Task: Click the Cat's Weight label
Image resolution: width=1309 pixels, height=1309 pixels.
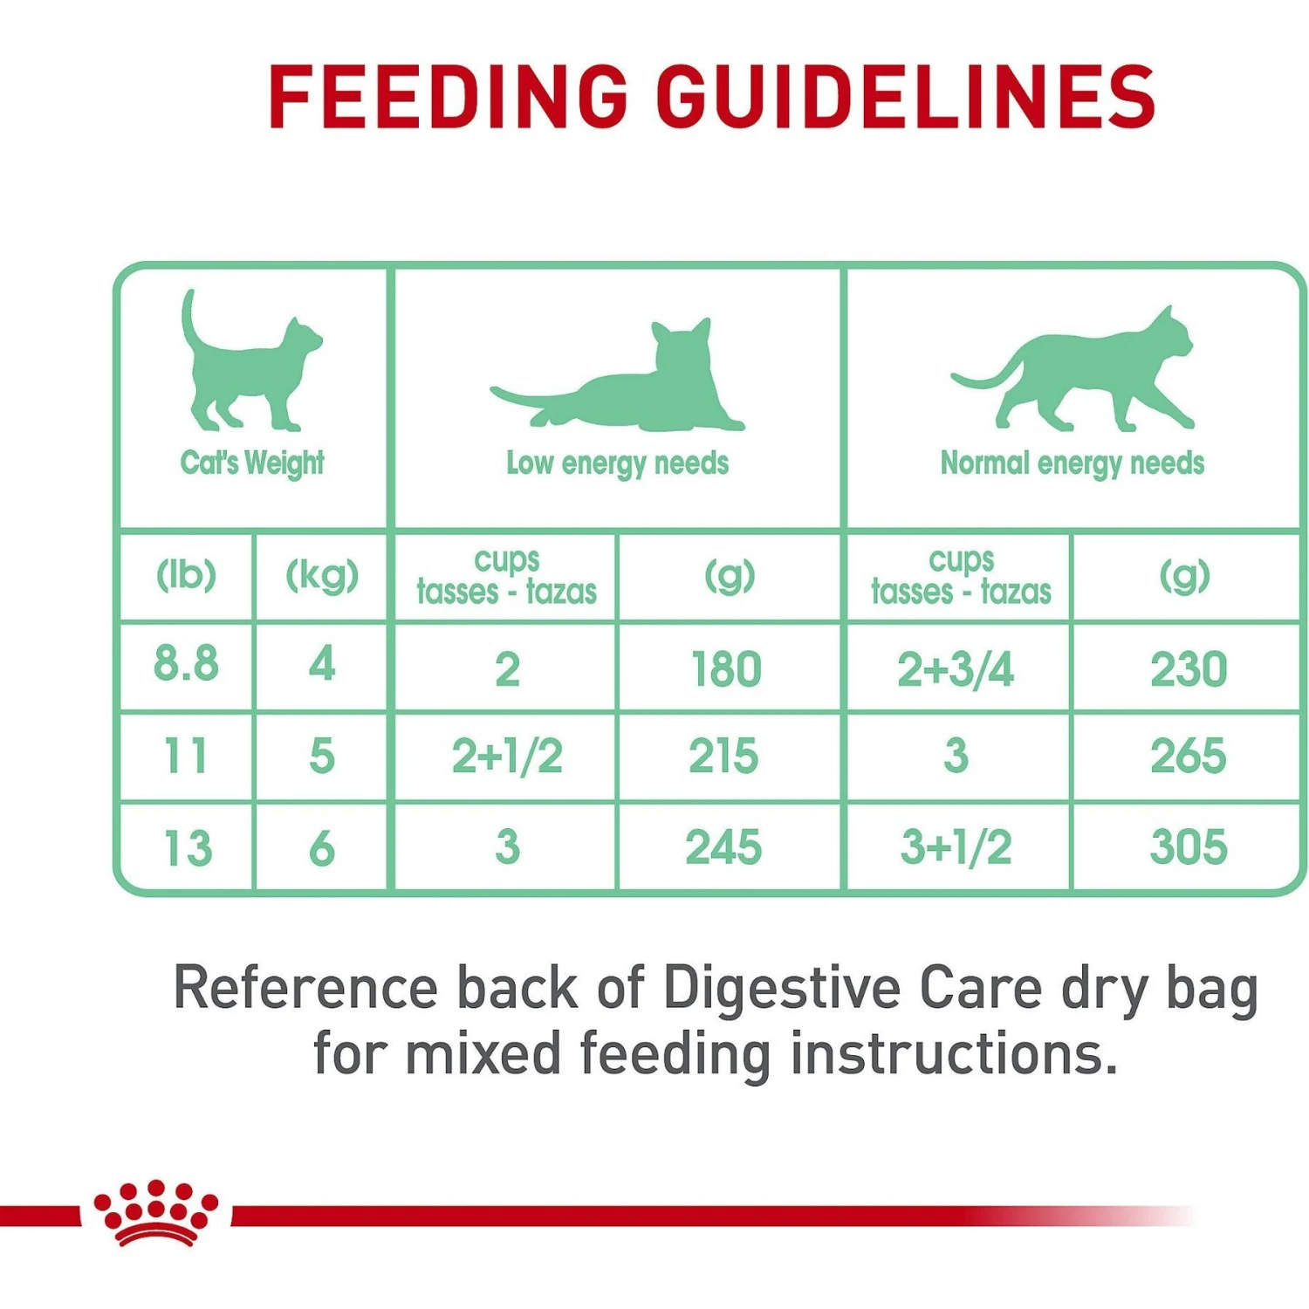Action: tap(252, 463)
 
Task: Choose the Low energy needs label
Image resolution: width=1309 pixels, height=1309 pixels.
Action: tap(617, 463)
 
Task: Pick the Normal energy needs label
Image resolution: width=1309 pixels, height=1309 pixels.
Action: tap(1072, 463)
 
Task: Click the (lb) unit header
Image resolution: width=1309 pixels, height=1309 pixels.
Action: tap(186, 575)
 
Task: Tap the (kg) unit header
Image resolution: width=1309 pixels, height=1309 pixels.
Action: tap(322, 575)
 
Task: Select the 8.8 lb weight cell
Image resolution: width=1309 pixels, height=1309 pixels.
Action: tap(186, 664)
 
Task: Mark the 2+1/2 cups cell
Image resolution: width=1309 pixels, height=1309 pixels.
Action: tap(507, 757)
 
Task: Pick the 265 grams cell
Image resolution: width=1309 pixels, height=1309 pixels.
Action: tap(1188, 757)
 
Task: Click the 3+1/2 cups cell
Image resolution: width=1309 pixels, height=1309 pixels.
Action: tap(956, 847)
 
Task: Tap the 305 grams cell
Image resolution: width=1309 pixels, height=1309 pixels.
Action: tap(1188, 847)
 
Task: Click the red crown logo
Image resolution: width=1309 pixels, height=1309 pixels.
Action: tap(156, 1213)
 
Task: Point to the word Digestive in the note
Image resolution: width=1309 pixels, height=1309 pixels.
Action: tap(781, 989)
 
